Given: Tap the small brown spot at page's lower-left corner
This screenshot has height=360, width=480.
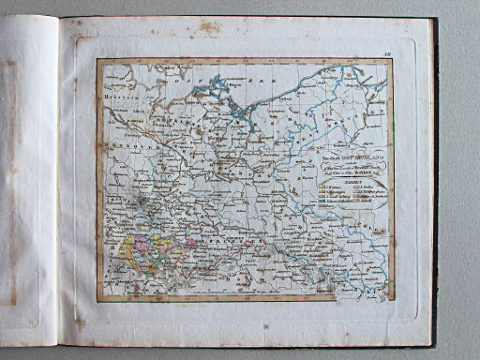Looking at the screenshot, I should (80, 321).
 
